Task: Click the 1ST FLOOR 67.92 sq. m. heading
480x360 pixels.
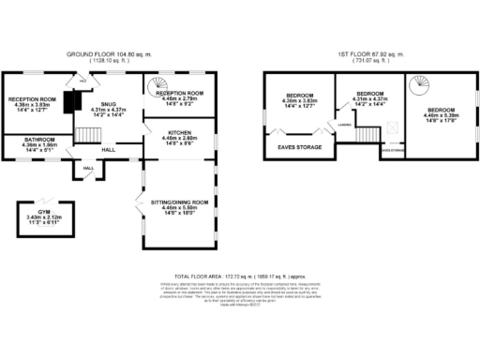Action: [372, 55]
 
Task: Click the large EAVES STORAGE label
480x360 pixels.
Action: [296, 146]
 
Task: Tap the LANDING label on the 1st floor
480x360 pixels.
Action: [345, 124]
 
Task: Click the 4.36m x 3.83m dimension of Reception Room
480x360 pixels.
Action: [33, 105]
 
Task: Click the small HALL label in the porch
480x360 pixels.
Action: [89, 168]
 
